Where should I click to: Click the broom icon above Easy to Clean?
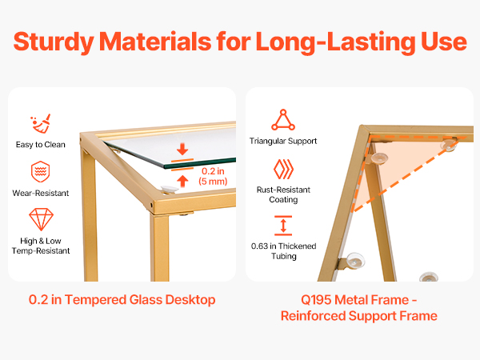pos(41,124)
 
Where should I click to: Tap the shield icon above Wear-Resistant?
pos(41,171)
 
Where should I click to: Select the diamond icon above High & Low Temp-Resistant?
pos(41,219)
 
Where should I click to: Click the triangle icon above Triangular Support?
pos(283,120)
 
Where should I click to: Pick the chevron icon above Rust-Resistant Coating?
pos(283,169)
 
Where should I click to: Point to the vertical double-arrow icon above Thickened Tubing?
pos(283,226)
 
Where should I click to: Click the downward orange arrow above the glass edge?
pos(182,149)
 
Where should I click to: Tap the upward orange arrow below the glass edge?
pos(182,181)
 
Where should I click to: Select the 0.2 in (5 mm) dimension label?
pos(213,176)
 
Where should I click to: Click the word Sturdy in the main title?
pos(54,42)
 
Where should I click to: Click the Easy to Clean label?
pos(41,145)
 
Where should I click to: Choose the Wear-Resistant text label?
pos(41,193)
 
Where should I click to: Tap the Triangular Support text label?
pos(283,141)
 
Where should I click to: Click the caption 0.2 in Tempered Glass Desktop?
pos(122,300)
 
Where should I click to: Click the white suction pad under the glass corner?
pos(170,190)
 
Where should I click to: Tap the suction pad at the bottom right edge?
pos(429,277)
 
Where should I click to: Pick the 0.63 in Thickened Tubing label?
pos(283,251)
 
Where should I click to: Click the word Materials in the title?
pos(155,42)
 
